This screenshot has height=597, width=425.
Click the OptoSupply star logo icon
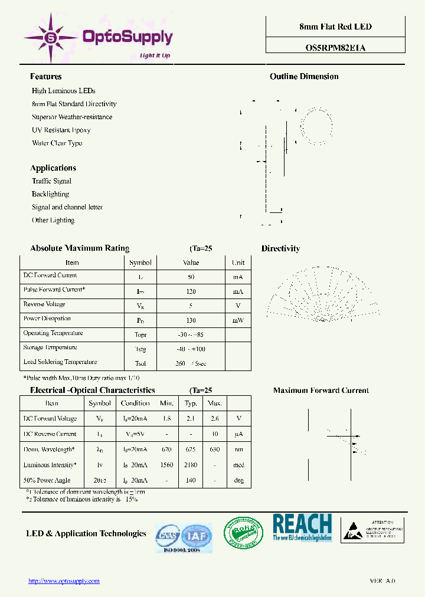coord(50,37)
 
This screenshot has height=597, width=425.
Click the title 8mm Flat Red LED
coord(336,27)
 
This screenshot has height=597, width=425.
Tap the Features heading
coord(45,77)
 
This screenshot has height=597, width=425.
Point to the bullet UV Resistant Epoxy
coord(61,130)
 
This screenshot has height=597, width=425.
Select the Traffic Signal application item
coord(51,181)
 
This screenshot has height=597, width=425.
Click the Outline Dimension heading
coord(304,77)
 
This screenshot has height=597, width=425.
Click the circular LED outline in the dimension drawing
coord(316,124)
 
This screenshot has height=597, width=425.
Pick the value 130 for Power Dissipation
coord(191,320)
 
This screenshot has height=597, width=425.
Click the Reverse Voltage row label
coord(44,304)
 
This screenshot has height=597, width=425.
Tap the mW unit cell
coord(238,320)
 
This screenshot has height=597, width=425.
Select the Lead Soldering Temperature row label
coord(60,362)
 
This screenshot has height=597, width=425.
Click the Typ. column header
coord(191,404)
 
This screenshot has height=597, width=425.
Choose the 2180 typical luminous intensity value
coord(191,465)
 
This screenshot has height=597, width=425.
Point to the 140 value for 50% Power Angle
coord(191,480)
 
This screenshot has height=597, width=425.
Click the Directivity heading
coord(280,249)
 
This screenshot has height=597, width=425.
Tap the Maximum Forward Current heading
coord(321,391)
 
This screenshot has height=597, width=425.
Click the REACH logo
coord(302,527)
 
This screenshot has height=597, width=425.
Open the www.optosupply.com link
coord(64,581)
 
